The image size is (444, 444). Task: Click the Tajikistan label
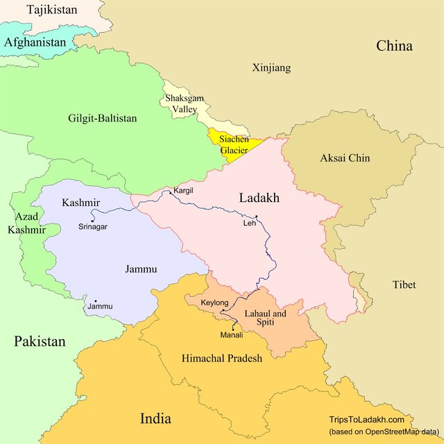point(51,10)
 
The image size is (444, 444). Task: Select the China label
point(394,46)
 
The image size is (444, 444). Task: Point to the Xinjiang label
point(271,68)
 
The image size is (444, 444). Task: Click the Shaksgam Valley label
point(185,104)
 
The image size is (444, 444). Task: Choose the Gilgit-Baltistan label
point(103,119)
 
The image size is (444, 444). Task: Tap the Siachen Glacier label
point(234,144)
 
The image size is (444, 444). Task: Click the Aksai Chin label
point(345,158)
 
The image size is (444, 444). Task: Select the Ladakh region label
point(259,198)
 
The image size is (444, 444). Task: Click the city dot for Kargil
point(171,193)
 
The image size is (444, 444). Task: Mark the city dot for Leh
point(256,217)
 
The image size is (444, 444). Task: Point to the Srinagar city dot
point(92,221)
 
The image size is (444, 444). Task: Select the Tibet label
point(404,285)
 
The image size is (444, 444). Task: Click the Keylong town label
point(213,303)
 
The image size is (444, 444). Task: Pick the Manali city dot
point(233,328)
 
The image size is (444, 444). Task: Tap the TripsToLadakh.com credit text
point(366,420)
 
